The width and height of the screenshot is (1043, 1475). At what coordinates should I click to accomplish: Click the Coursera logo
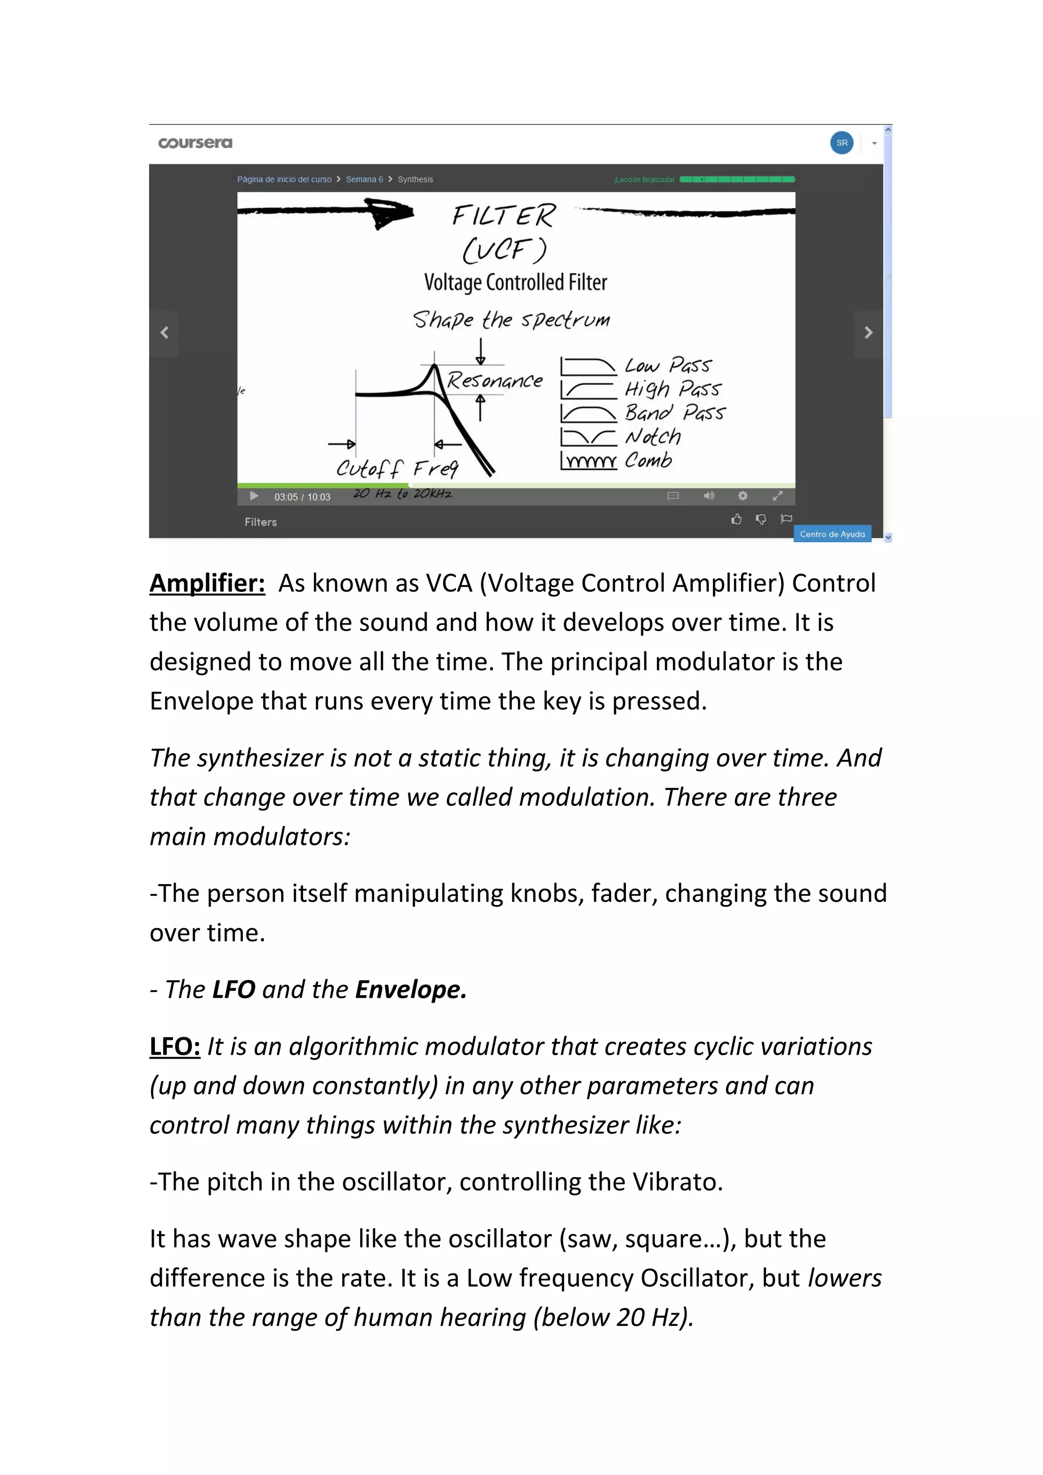[x=196, y=143]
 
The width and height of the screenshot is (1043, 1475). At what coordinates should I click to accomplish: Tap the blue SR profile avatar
[x=841, y=143]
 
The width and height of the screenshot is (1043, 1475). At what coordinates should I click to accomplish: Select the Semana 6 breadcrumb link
[x=364, y=179]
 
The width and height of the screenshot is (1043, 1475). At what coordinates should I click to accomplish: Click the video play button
[x=254, y=496]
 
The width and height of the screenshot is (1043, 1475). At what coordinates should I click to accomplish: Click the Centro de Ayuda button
[x=832, y=534]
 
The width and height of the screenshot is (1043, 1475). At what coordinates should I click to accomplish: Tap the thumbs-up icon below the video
[x=736, y=519]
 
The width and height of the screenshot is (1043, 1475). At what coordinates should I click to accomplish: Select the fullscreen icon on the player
[x=777, y=495]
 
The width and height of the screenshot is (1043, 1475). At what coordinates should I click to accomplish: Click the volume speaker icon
[x=708, y=495]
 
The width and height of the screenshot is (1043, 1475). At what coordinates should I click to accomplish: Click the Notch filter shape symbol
[x=588, y=437]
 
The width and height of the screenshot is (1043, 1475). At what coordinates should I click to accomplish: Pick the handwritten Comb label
[x=648, y=460]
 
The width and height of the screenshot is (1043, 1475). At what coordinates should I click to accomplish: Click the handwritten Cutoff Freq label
[x=397, y=468]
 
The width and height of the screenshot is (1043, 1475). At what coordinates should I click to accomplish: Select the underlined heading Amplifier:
[x=207, y=583]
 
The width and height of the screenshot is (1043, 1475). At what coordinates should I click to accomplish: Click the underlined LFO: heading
[x=175, y=1046]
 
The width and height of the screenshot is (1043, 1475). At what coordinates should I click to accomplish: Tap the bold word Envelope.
[x=410, y=990]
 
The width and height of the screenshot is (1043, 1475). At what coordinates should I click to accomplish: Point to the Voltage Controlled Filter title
[x=515, y=282]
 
